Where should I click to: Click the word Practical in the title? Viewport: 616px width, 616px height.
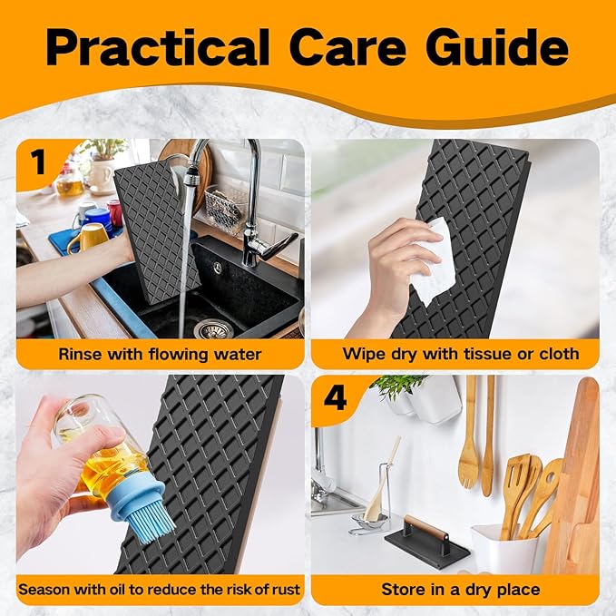(157, 47)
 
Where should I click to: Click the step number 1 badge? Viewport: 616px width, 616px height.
(39, 162)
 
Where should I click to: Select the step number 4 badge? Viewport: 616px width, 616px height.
(335, 397)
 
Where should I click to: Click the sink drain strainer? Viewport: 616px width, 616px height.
(213, 329)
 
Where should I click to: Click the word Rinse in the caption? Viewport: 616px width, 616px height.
(80, 354)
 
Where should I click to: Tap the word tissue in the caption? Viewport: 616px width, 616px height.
(488, 354)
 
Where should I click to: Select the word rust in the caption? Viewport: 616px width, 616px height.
(286, 590)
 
